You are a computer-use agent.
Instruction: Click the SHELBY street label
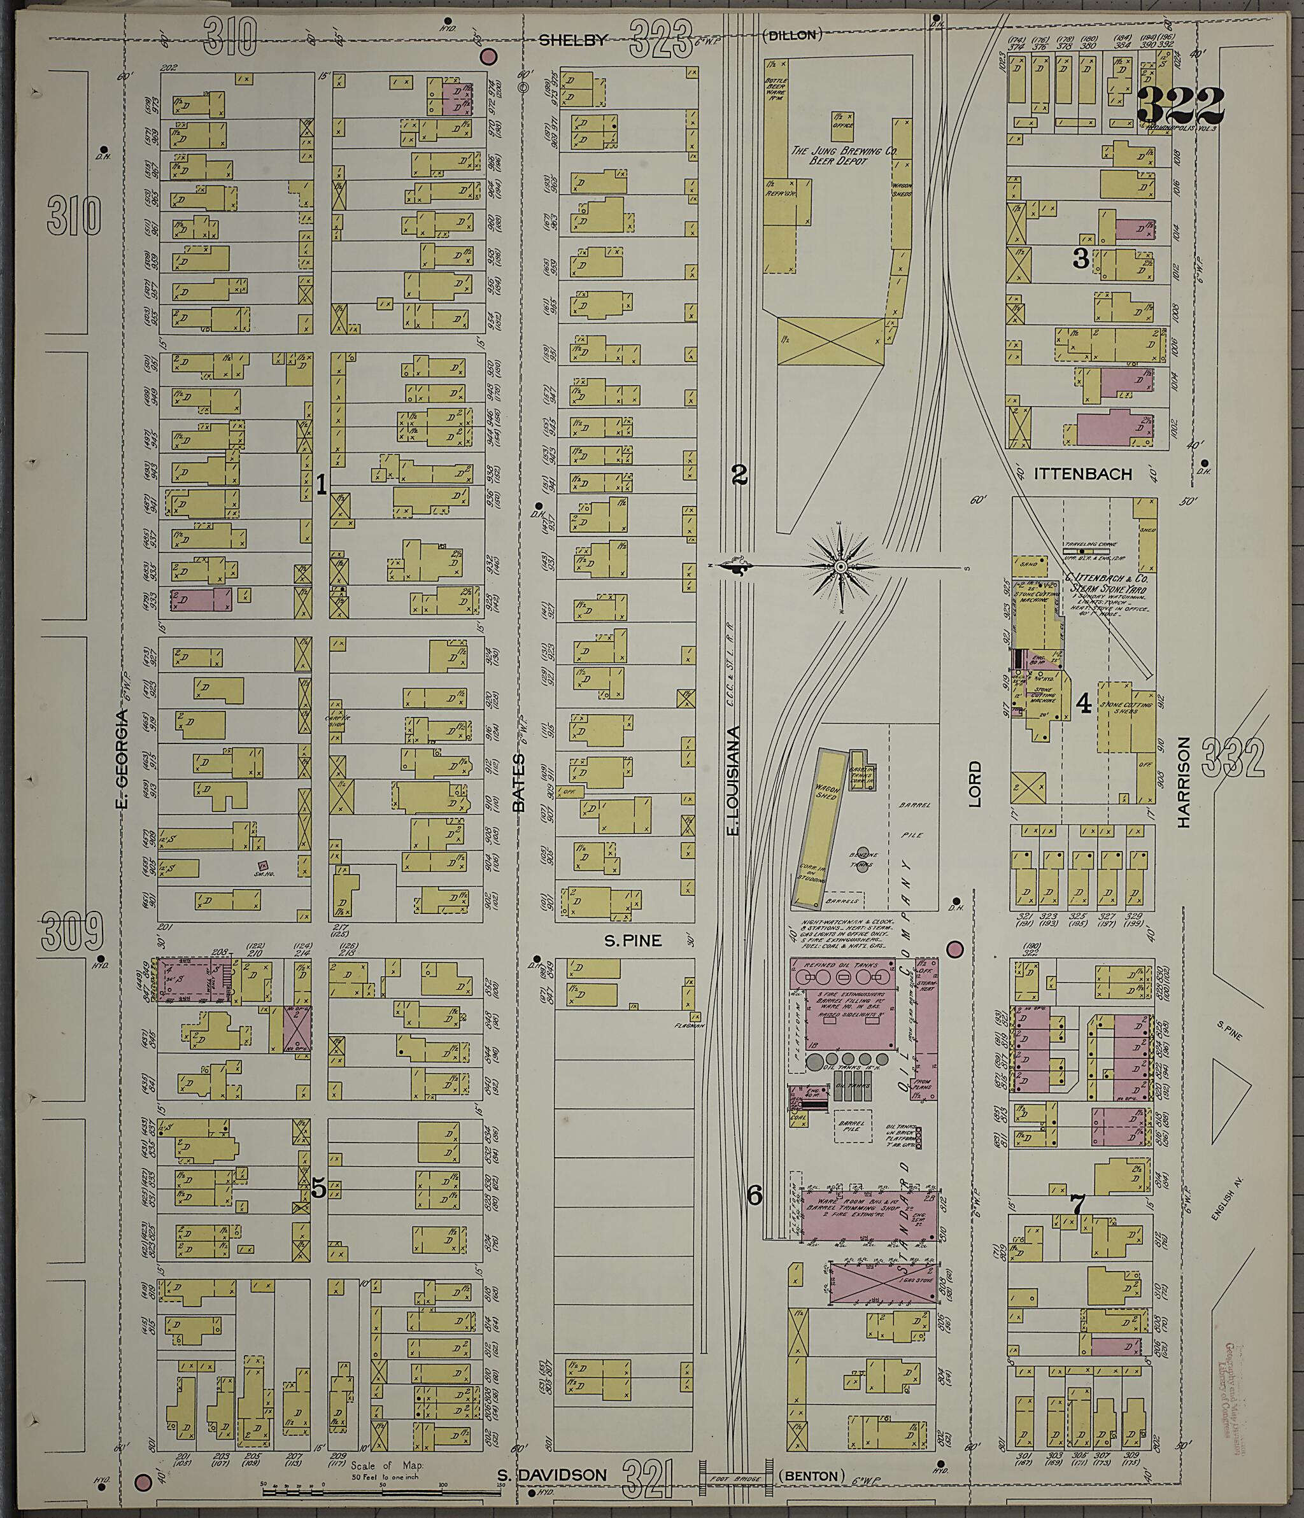573,41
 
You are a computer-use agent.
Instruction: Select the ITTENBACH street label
1082,474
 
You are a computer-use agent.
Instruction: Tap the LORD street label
974,785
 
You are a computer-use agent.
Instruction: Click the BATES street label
519,782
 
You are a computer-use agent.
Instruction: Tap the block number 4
1083,705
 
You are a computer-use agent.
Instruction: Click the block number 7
1077,1203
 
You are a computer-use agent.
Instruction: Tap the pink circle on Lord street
954,950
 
